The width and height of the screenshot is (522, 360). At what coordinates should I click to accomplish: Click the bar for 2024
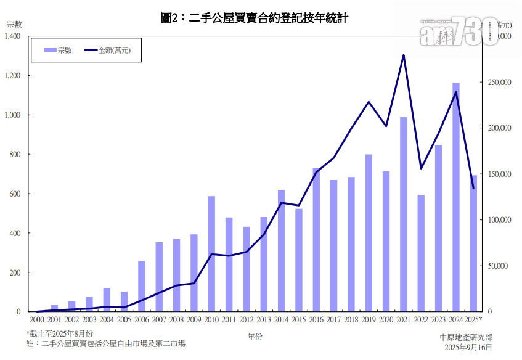coord(455,197)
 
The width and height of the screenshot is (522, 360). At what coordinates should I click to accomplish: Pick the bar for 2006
coord(142,286)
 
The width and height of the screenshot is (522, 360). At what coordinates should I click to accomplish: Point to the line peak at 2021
coord(404,55)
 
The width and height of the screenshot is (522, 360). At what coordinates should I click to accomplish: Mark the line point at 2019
coord(369,102)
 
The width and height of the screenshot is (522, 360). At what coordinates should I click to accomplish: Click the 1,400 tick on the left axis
coord(12,36)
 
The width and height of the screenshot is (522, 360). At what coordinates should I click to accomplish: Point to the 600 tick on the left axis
coord(15,194)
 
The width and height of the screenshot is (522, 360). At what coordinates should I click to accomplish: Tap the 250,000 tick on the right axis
coord(499,82)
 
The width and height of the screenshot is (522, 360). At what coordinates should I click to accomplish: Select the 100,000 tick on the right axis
coord(499,220)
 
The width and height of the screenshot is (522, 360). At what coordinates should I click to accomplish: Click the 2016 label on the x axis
coord(316,319)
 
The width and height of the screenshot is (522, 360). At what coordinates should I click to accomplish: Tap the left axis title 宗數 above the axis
coord(14,24)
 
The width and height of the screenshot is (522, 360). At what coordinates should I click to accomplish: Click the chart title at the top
coord(255,18)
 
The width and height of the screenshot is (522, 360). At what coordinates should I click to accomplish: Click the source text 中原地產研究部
coord(466,337)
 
